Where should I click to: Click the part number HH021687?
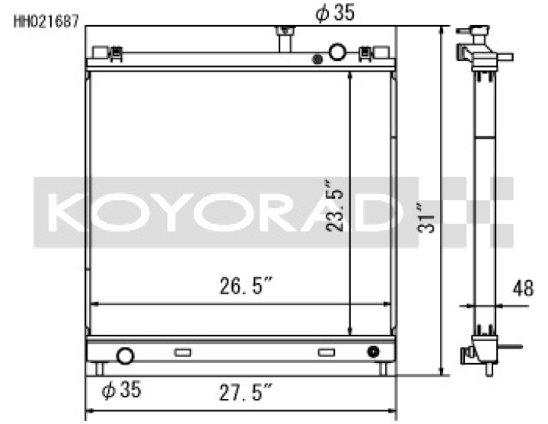click(x=46, y=21)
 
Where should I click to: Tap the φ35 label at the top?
click(x=335, y=12)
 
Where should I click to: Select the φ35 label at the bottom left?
click(x=121, y=391)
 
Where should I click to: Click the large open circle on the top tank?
click(x=338, y=53)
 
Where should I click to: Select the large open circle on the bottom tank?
click(x=124, y=355)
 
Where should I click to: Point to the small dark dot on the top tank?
click(x=317, y=59)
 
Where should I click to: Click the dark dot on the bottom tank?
click(x=373, y=352)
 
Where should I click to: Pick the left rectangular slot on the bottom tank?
click(x=183, y=352)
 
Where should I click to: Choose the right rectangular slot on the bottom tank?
click(x=327, y=352)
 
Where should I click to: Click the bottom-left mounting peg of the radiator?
click(x=99, y=368)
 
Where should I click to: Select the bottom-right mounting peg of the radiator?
click(x=384, y=368)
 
